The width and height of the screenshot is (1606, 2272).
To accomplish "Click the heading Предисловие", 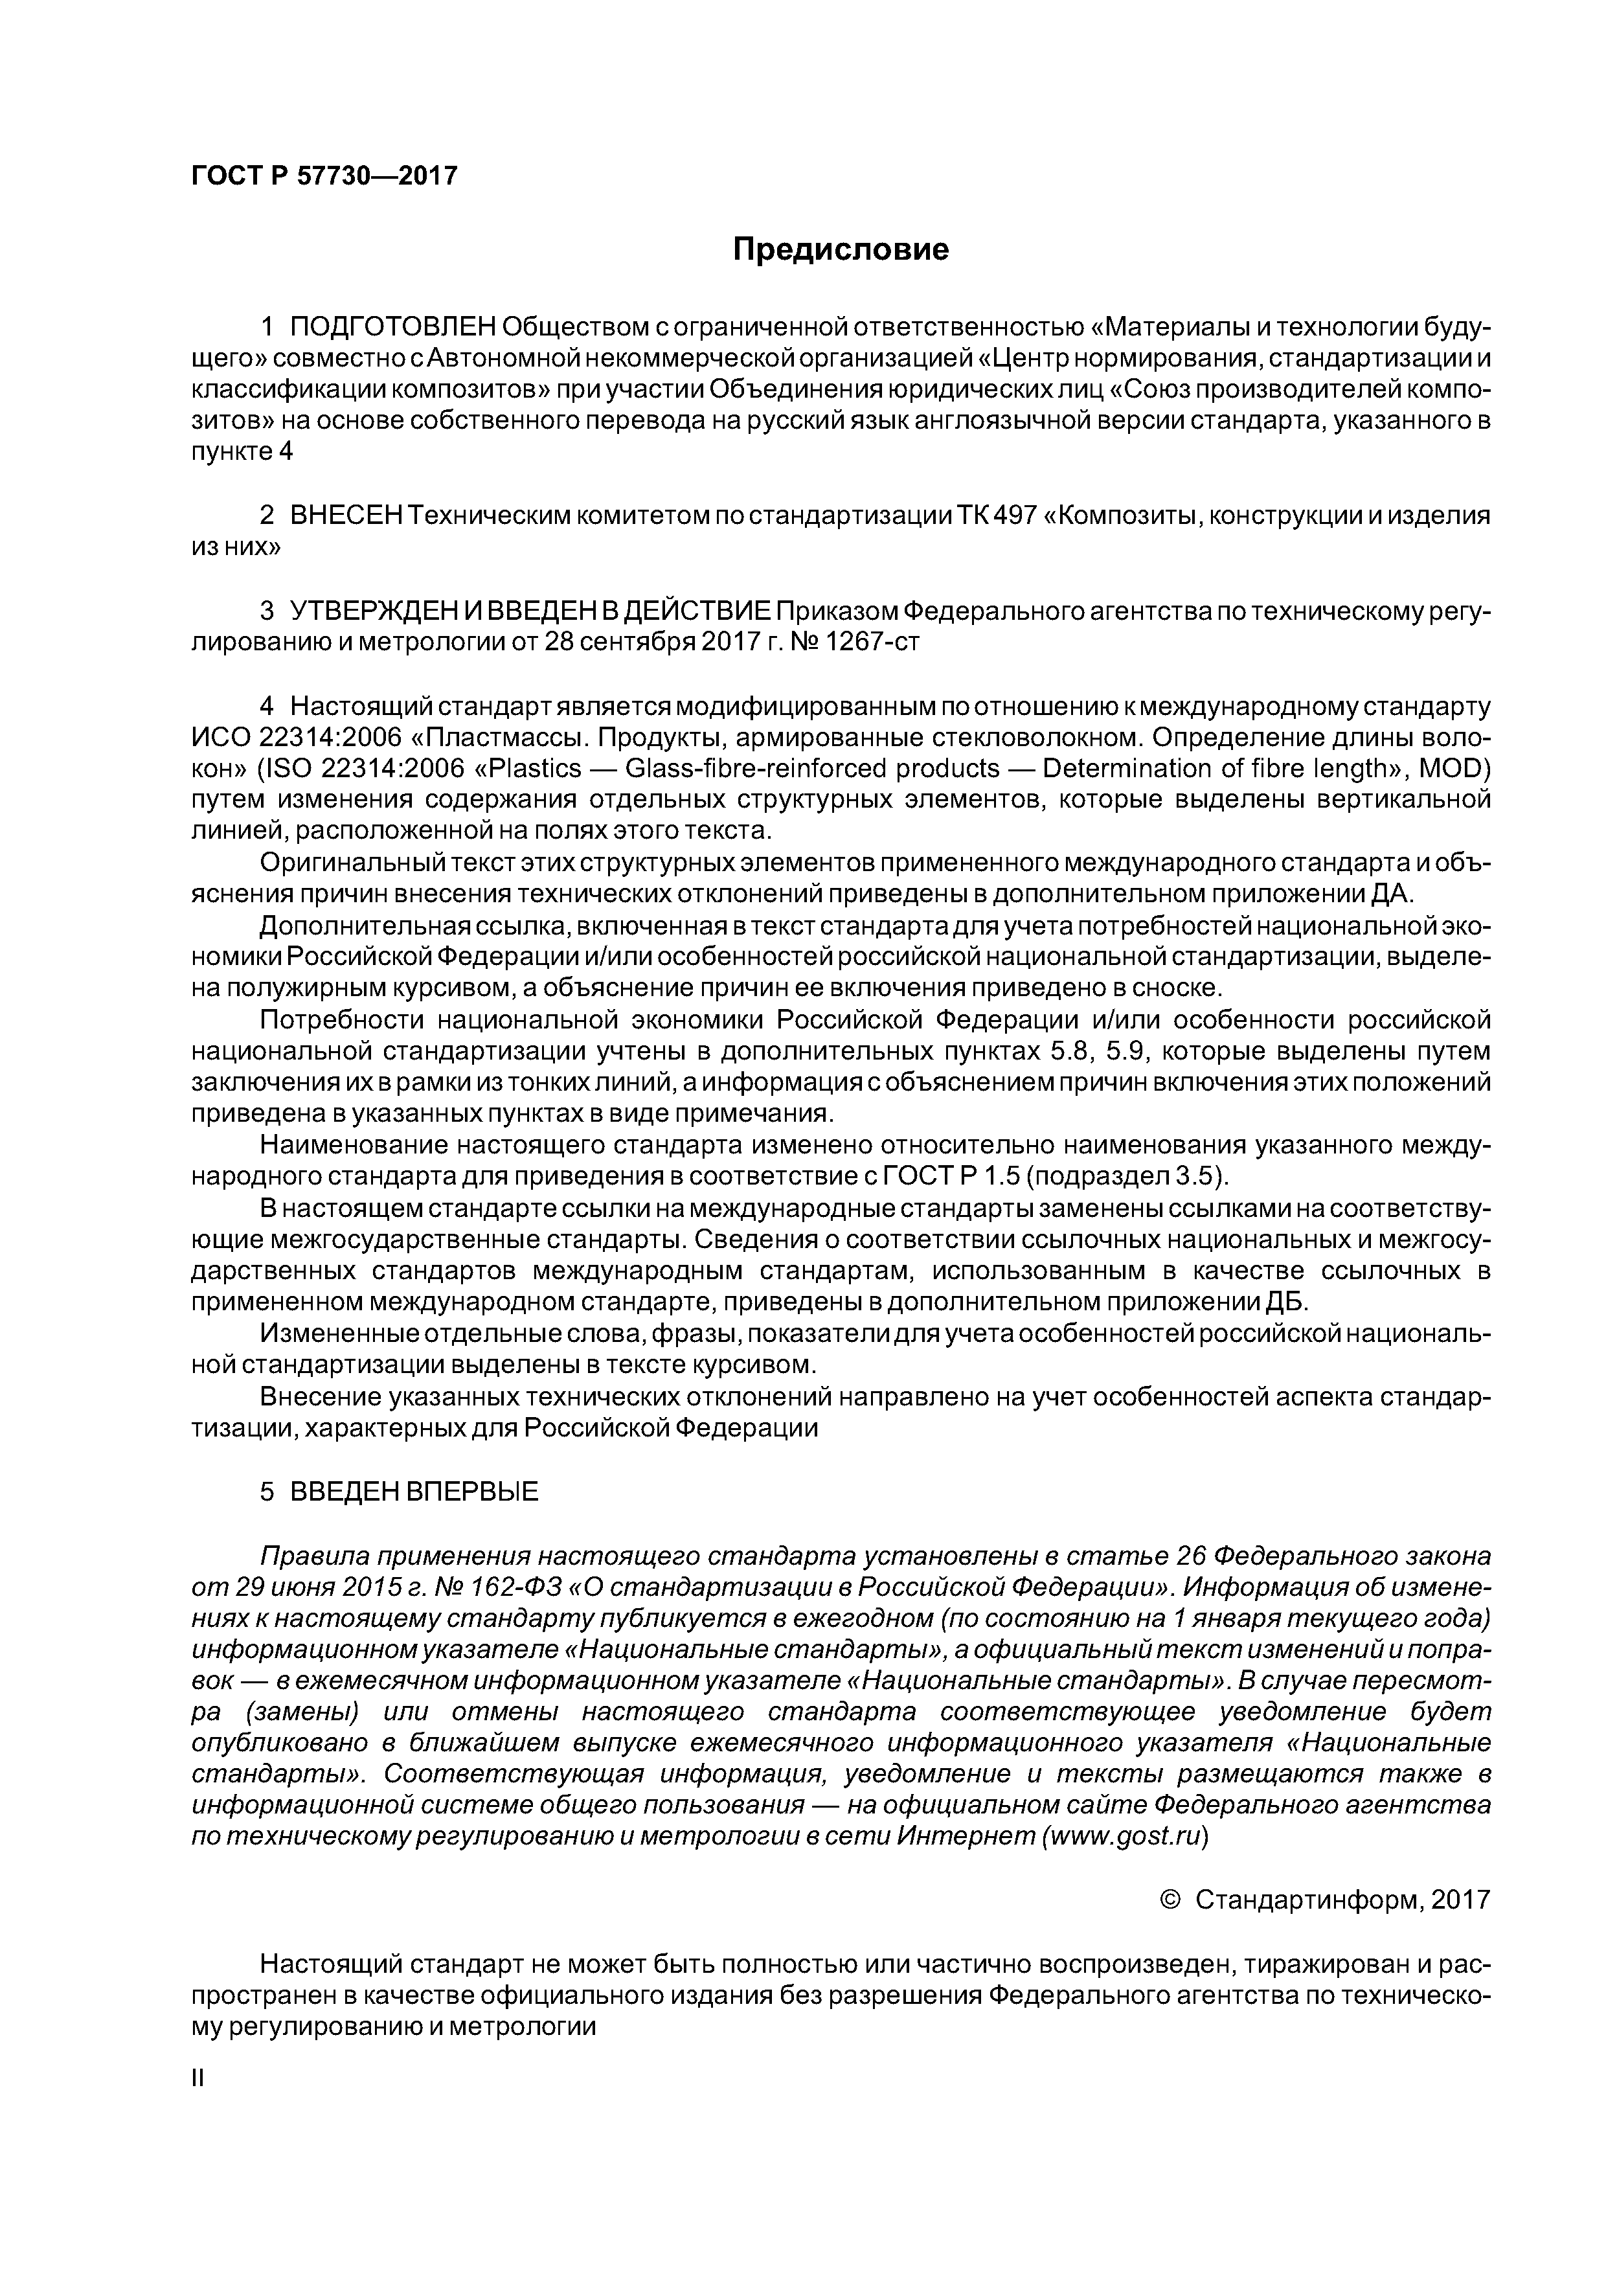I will (840, 249).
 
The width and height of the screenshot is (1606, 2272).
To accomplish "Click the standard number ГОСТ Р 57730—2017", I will (324, 176).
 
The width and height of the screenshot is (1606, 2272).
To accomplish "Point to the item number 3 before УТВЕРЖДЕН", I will (266, 611).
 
